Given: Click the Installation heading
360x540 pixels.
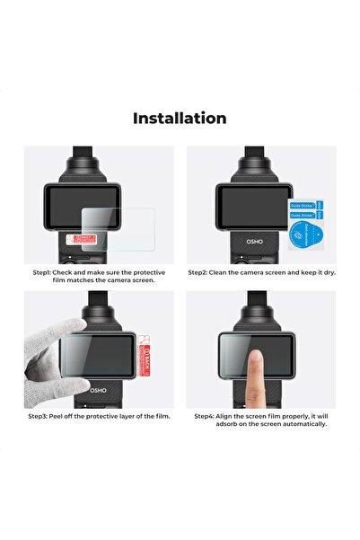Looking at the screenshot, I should click(180, 118).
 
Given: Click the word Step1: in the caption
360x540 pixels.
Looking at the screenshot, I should click(45, 271).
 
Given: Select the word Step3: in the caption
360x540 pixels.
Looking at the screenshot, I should click(45, 416).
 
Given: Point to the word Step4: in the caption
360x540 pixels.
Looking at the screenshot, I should click(207, 416).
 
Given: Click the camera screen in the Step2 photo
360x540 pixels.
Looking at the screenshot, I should click(243, 208).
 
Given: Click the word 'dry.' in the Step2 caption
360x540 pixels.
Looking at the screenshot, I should click(327, 271).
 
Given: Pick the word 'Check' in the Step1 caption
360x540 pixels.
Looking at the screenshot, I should click(73, 271).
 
